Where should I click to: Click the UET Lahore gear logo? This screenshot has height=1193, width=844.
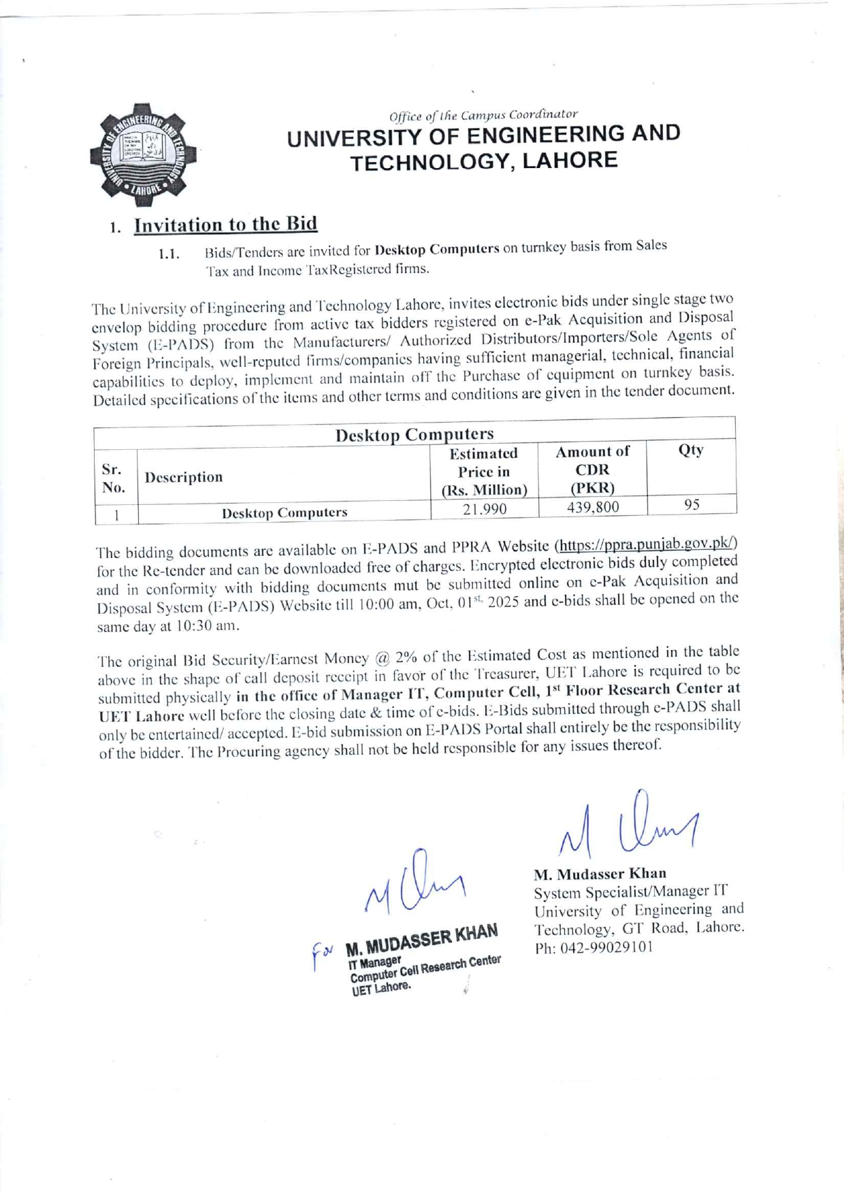(144, 154)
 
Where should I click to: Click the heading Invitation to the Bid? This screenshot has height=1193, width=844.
(225, 224)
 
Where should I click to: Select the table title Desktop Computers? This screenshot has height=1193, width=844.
(415, 434)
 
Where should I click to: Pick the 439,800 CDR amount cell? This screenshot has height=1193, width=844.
(592, 507)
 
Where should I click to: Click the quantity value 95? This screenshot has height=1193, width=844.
(692, 504)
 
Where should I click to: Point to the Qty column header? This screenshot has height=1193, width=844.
(691, 450)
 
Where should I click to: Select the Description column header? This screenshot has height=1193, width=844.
(184, 477)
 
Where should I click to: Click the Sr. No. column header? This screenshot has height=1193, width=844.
(113, 478)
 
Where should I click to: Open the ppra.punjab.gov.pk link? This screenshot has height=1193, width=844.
(647, 544)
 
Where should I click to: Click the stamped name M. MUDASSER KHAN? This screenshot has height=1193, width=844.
(422, 939)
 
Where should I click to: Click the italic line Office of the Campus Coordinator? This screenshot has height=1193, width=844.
(483, 115)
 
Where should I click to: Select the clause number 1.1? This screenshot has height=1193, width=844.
(168, 255)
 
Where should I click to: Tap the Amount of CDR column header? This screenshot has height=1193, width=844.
(592, 470)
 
